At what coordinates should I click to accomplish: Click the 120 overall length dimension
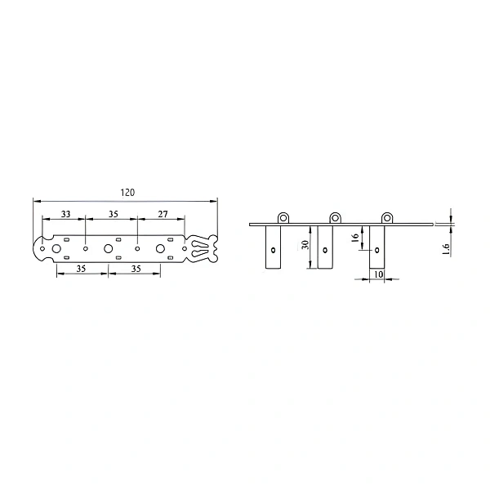pyautogui.click(x=127, y=192)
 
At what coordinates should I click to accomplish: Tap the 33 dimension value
pyautogui.click(x=65, y=214)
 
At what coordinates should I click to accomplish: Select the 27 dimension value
pyautogui.click(x=163, y=214)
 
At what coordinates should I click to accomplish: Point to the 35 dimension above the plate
pyautogui.click(x=114, y=214)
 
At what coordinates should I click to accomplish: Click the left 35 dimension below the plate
pyautogui.click(x=81, y=269)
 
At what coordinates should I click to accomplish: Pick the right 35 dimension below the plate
pyautogui.click(x=136, y=269)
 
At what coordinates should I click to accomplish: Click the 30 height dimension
pyautogui.click(x=306, y=244)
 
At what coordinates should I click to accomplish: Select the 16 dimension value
pyautogui.click(x=355, y=238)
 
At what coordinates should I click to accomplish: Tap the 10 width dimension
pyautogui.click(x=378, y=274)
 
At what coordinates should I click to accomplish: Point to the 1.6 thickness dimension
pyautogui.click(x=446, y=249)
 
